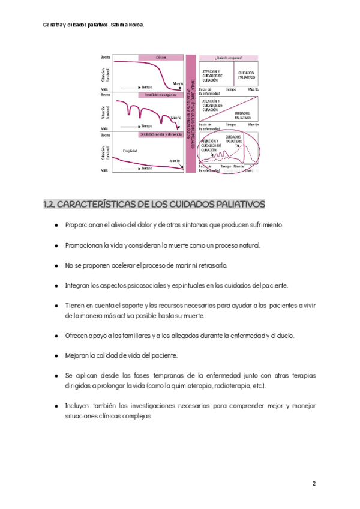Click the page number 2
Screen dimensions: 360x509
point(314,484)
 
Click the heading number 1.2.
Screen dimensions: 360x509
point(50,205)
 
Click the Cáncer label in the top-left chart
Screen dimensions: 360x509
point(160,58)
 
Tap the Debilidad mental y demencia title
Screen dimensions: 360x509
point(160,134)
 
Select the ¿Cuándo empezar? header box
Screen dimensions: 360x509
point(229,58)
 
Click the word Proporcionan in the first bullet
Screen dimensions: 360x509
point(84,225)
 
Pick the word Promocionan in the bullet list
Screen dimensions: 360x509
point(83,245)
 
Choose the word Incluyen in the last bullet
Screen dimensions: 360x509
point(77,406)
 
